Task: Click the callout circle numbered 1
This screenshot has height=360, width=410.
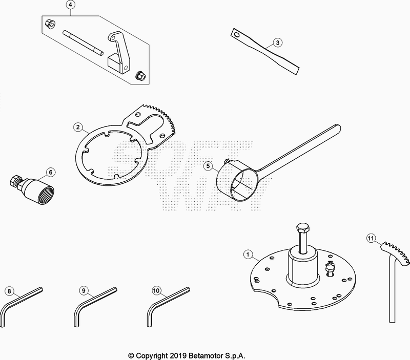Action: pos(248,253)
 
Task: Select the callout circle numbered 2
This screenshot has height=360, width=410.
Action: pos(77,127)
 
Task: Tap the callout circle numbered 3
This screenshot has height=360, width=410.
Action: pos(276,43)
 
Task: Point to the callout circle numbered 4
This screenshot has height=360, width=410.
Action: pos(71,6)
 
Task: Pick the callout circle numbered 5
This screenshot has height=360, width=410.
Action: pos(208,165)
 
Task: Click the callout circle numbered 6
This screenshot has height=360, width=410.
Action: pos(50,172)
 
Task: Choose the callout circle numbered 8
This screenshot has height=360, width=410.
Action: pos(8,291)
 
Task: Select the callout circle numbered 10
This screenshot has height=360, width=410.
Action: pos(156,291)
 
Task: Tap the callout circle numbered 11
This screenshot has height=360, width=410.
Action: pos(371,238)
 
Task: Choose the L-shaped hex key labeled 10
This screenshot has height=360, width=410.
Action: pos(164,304)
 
